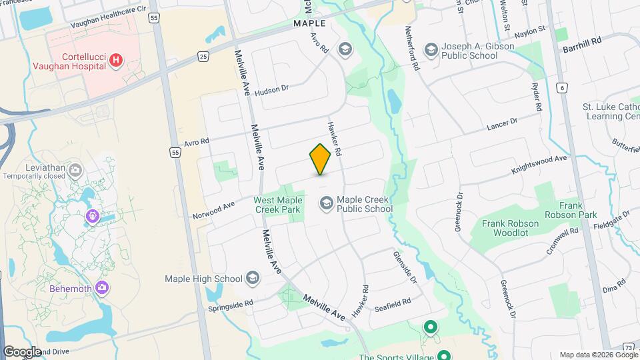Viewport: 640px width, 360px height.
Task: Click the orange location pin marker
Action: [320, 159]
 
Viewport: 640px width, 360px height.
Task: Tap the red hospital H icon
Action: [116, 61]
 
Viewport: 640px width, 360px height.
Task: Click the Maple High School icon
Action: [253, 278]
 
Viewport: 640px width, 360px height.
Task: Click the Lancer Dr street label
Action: [502, 124]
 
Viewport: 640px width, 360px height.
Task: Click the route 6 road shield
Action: [563, 87]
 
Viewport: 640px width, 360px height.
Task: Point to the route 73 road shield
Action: [629, 347]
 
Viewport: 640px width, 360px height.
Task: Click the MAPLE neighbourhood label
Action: [309, 23]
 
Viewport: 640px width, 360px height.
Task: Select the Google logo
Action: [23, 351]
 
